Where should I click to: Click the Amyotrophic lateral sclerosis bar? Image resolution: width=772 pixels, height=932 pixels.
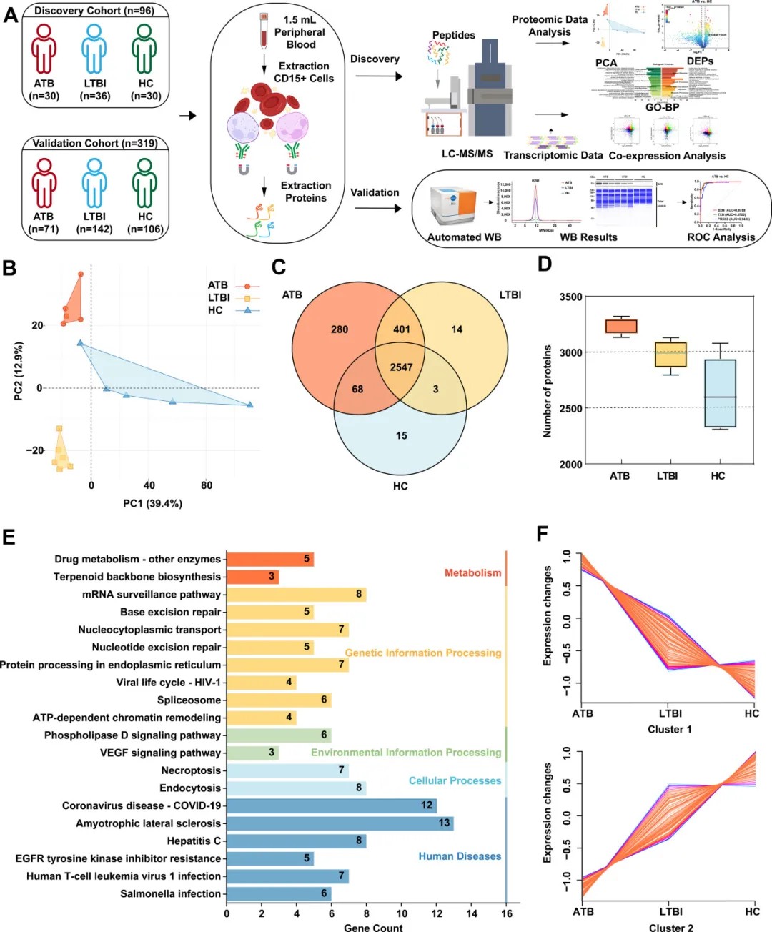pyautogui.click(x=340, y=823)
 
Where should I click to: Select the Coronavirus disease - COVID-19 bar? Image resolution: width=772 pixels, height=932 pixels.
pyautogui.click(x=331, y=805)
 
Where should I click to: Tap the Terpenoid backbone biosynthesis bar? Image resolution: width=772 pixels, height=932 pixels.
pyautogui.click(x=252, y=576)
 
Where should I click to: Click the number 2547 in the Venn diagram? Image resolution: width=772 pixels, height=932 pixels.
pyautogui.click(x=401, y=367)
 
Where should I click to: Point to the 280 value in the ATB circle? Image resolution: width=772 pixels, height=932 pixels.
pyautogui.click(x=340, y=329)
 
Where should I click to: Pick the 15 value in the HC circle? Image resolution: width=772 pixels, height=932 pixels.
pyautogui.click(x=402, y=435)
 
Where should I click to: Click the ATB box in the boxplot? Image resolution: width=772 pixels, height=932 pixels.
pyautogui.click(x=620, y=326)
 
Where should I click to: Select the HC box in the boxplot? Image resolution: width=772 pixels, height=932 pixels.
pyautogui.click(x=720, y=393)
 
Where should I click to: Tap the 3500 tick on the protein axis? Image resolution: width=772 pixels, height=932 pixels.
pyautogui.click(x=570, y=297)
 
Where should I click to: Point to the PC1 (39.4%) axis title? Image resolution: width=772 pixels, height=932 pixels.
pyautogui.click(x=152, y=503)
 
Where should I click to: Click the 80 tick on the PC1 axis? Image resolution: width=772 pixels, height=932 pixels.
pyautogui.click(x=207, y=485)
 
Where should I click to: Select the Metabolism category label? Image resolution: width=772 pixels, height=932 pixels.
pyautogui.click(x=472, y=572)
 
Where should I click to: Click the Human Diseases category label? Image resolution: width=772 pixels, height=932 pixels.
pyautogui.click(x=460, y=856)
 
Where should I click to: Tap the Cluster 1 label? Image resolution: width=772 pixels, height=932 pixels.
pyautogui.click(x=669, y=729)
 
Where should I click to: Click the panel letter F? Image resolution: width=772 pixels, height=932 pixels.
pyautogui.click(x=543, y=533)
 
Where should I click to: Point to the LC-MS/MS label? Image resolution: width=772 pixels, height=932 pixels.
pyautogui.click(x=467, y=154)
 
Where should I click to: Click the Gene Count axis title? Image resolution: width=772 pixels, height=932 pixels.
pyautogui.click(x=373, y=927)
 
